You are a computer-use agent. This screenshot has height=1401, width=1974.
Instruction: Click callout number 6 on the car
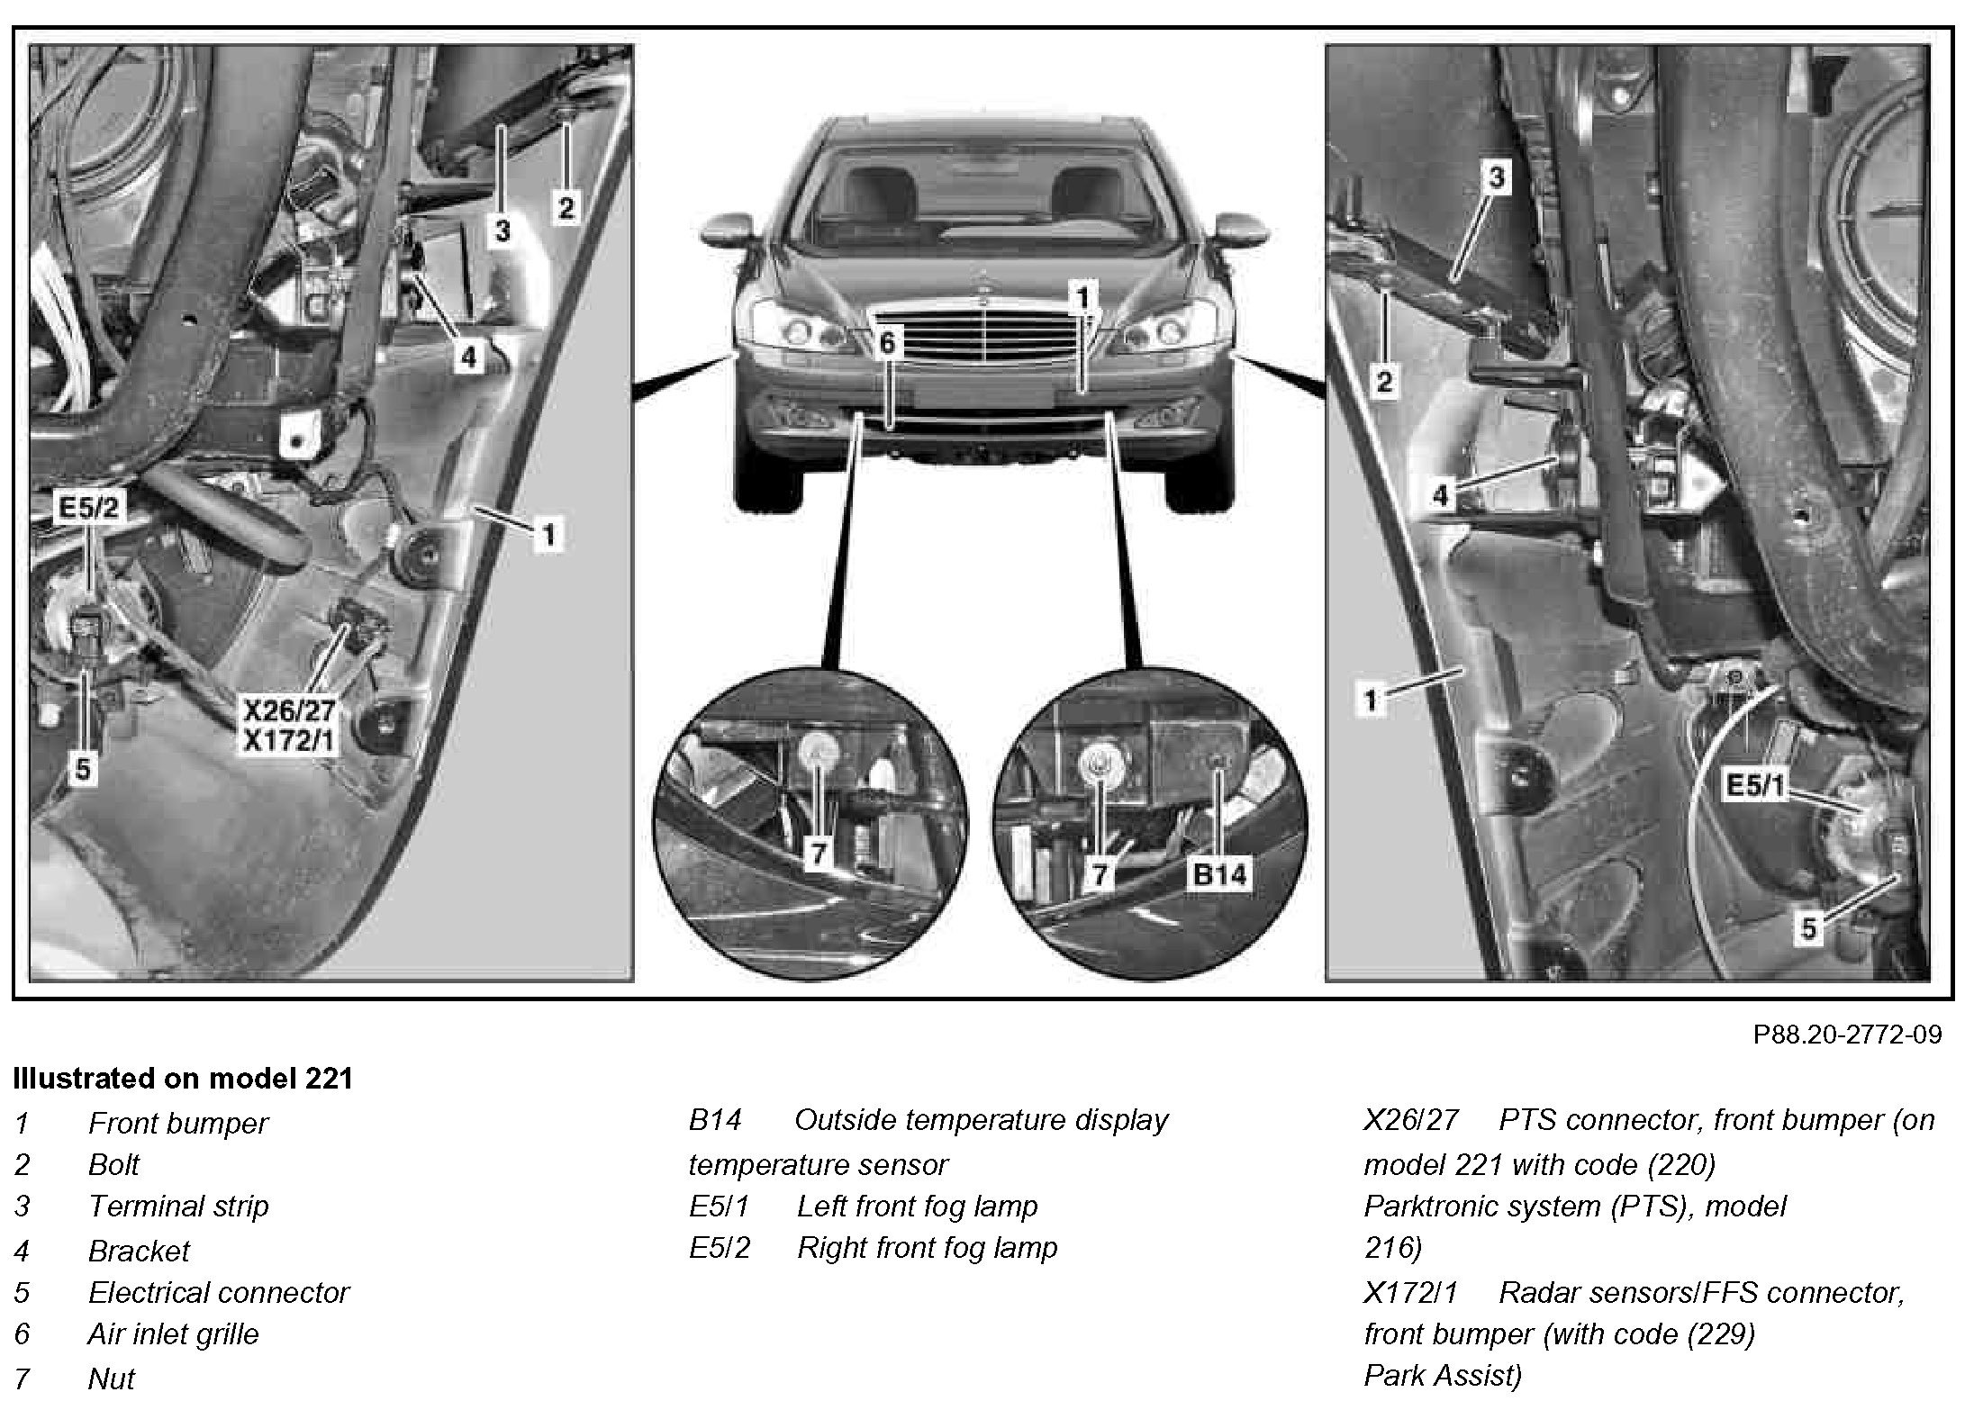pyautogui.click(x=887, y=343)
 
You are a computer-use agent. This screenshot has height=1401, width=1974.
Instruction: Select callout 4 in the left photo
pyautogui.click(x=467, y=357)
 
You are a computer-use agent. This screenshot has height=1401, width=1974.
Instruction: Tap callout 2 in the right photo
pyautogui.click(x=1384, y=382)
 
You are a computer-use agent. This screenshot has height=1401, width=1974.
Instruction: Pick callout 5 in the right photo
pyautogui.click(x=1809, y=927)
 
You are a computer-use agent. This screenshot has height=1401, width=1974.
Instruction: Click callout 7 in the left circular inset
pyautogui.click(x=817, y=853)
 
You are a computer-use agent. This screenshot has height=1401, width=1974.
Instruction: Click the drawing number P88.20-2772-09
pyautogui.click(x=1847, y=1035)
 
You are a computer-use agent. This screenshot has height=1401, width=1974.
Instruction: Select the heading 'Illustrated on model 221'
pyautogui.click(x=183, y=1078)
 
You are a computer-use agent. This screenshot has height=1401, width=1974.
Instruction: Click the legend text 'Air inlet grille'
pyautogui.click(x=173, y=1333)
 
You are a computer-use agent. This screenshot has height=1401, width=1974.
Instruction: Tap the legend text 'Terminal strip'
pyautogui.click(x=178, y=1206)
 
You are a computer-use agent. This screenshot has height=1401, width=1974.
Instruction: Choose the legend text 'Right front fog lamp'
pyautogui.click(x=927, y=1248)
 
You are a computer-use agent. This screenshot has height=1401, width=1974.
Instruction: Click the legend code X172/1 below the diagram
pyautogui.click(x=1410, y=1293)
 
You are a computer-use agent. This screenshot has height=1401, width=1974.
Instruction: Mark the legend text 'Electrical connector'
pyautogui.click(x=218, y=1292)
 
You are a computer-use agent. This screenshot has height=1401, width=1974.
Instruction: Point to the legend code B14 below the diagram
pyautogui.click(x=715, y=1120)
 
